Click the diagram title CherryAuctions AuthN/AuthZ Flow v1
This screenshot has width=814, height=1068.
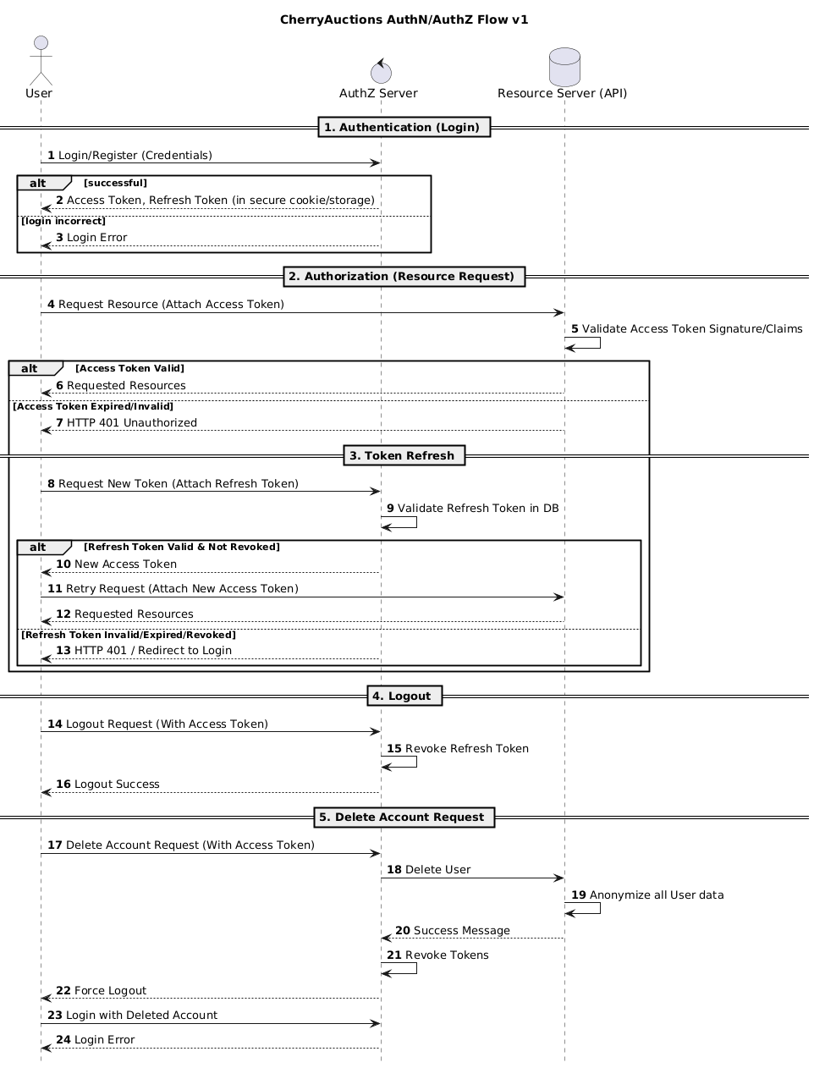click(x=404, y=19)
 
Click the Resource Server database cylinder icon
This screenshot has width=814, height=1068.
click(x=564, y=65)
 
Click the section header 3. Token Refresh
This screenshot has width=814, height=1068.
click(x=404, y=455)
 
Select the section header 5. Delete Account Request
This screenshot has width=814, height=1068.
click(x=404, y=817)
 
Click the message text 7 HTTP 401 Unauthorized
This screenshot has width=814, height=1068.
click(x=126, y=422)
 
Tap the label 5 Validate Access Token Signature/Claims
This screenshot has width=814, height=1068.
click(x=686, y=328)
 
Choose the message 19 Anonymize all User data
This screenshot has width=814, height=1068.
click(x=647, y=895)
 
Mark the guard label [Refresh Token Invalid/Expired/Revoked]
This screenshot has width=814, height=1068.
click(x=128, y=634)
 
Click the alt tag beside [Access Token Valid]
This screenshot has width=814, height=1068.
click(x=31, y=368)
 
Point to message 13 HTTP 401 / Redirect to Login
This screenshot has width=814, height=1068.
click(x=143, y=650)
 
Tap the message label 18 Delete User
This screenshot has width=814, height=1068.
click(x=428, y=869)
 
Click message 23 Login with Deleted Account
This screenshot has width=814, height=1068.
click(x=132, y=1015)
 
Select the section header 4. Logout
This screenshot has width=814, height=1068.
click(x=404, y=696)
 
